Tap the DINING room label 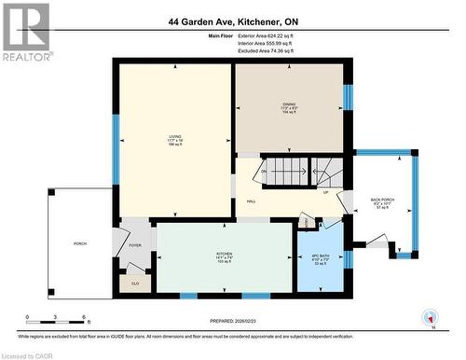click(x=290, y=104)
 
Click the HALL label click(x=251, y=201)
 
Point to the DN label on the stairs click(x=264, y=172)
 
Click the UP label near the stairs click(x=325, y=193)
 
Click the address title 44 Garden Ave click(x=232, y=20)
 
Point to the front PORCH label click(x=80, y=243)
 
